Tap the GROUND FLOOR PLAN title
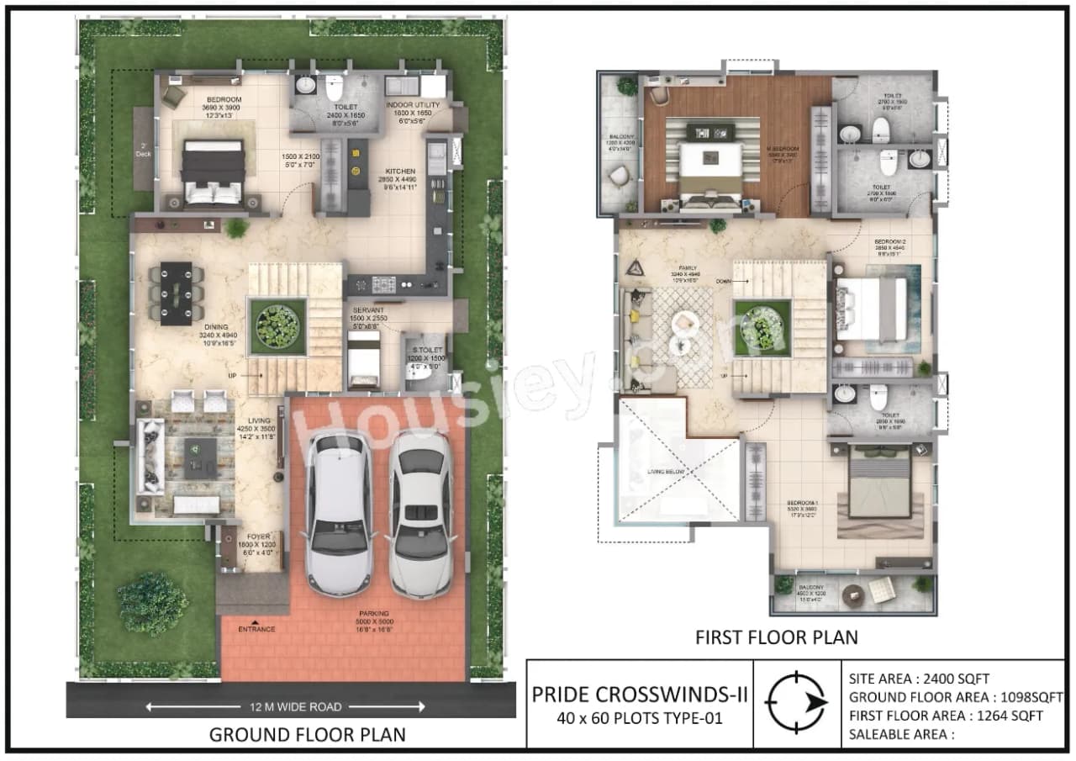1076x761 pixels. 307,734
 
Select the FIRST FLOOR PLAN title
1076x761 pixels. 776,637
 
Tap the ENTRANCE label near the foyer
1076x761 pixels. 256,629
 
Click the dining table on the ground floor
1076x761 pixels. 176,290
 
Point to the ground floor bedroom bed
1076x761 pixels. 214,171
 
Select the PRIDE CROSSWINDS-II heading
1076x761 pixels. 640,695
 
